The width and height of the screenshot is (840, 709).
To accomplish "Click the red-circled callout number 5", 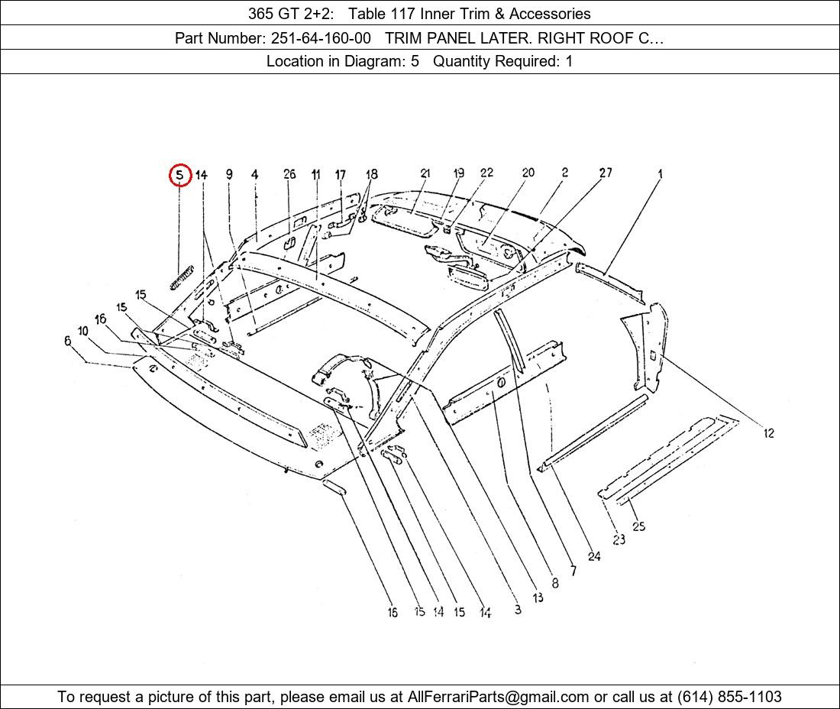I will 179,175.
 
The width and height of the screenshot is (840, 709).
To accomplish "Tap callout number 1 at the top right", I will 660,174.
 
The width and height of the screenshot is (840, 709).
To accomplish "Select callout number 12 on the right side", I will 768,433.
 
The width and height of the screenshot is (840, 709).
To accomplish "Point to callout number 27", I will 606,173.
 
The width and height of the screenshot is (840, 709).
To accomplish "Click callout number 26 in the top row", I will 289,174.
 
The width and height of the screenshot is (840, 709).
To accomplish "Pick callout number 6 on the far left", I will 68,341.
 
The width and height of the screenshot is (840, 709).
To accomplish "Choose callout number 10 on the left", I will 83,331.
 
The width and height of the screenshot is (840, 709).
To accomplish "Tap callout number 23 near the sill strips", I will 619,539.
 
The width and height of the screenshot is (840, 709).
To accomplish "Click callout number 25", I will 639,526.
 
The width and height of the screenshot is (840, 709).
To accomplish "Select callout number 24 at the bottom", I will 593,556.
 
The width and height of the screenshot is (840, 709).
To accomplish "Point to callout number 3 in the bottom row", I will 518,609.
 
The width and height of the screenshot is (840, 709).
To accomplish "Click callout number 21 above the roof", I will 425,173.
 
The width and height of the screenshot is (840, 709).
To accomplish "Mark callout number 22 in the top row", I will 486,173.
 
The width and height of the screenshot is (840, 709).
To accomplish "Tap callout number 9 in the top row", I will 229,174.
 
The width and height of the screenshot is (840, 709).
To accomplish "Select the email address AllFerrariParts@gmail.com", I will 499,697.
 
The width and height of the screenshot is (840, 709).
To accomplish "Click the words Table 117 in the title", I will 381,13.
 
